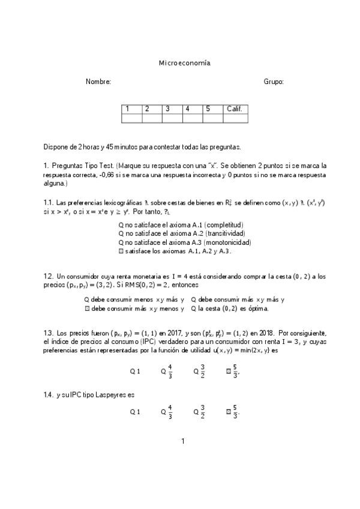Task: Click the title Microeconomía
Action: coord(184,62)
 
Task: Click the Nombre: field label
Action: coord(98,82)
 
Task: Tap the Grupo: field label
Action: coord(274,82)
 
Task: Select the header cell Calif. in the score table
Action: coord(235,109)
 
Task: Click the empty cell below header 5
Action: coord(213,118)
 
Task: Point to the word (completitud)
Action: coord(224,224)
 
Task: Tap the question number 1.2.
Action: coord(49,276)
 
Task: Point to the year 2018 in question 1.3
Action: coord(265,332)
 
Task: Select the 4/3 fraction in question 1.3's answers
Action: coord(170,371)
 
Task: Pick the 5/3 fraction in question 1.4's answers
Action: coord(235,412)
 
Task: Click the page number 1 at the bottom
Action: coord(183,441)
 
